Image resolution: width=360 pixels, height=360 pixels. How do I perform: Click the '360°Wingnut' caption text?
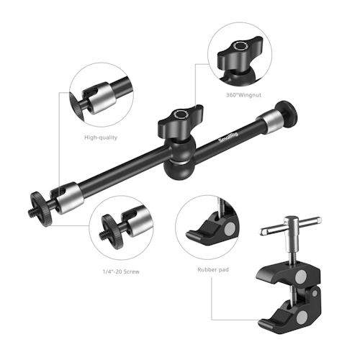pyautogui.click(x=243, y=95)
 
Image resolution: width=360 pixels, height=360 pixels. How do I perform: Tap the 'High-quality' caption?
pyautogui.click(x=101, y=138)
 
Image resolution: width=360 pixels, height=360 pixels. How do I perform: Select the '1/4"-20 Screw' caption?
pyautogui.click(x=121, y=271)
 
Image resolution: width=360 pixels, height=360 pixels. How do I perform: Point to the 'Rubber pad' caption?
pyautogui.click(x=213, y=270)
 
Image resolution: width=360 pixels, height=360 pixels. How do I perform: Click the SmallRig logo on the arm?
pyautogui.click(x=228, y=138)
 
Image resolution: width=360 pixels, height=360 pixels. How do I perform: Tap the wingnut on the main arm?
pyautogui.click(x=181, y=121)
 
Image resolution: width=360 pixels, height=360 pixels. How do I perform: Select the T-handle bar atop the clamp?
pyautogui.click(x=290, y=226)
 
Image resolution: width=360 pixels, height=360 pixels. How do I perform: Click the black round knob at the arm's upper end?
pyautogui.click(x=286, y=113)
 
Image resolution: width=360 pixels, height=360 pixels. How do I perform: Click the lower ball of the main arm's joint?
pyautogui.click(x=176, y=170)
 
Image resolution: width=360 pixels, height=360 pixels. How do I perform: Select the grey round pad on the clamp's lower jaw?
pyautogui.click(x=302, y=318)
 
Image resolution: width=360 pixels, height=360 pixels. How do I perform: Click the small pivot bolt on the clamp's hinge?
pyautogui.click(x=315, y=293)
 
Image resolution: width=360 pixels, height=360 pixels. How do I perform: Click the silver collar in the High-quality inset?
pyautogui.click(x=99, y=97)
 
